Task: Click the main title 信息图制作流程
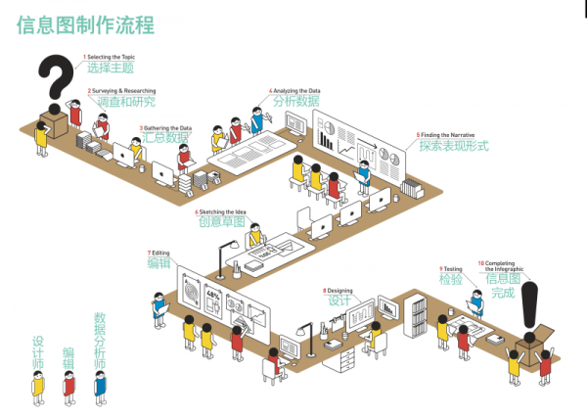click(85, 25)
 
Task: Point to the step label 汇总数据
click(166, 138)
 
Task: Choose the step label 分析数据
click(296, 101)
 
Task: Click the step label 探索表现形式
click(453, 147)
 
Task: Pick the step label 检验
click(451, 279)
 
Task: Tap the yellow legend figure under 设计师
click(38, 386)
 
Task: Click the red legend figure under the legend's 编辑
click(68, 386)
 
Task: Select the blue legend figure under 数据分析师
click(99, 386)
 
